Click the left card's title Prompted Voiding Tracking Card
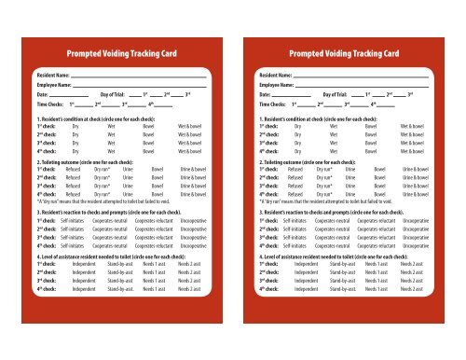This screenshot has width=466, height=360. (x=119, y=49)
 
